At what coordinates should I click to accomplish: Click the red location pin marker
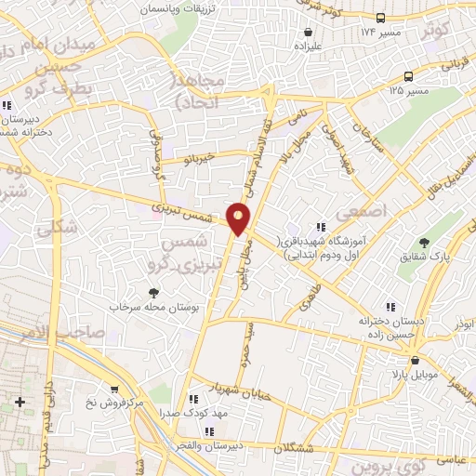(239, 218)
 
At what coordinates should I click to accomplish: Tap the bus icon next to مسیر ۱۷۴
(380, 18)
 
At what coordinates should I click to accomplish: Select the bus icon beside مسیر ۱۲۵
(409, 77)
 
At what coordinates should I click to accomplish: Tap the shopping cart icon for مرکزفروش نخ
(113, 390)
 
